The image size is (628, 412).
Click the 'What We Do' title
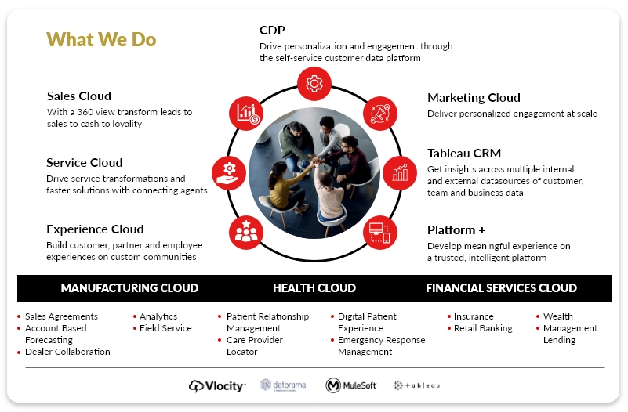pos(101,40)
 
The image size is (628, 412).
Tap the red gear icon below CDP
pos(314,81)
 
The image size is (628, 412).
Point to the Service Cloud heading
pos(84,163)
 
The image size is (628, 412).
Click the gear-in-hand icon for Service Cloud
pos(228,171)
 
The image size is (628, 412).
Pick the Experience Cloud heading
pos(95,229)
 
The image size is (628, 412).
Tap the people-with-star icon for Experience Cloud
pos(245,231)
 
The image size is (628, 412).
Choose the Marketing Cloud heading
pos(474,98)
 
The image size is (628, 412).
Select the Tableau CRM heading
pos(464,154)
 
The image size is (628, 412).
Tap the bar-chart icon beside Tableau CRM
pos(400,172)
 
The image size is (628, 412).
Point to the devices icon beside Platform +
pos(380,232)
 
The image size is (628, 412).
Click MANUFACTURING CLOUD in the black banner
pos(129,288)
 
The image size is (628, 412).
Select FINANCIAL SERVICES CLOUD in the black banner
pos(501,288)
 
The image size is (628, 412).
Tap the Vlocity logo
pos(217,385)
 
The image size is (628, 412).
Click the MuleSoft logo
pos(352,385)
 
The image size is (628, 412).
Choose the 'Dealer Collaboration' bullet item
pos(67,352)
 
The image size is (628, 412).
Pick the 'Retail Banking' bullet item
pos(483,328)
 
